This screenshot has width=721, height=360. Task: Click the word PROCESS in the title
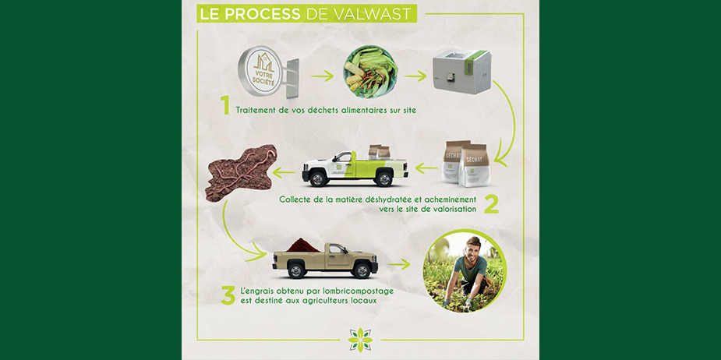tap(263, 14)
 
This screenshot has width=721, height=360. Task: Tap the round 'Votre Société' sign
tap(260, 71)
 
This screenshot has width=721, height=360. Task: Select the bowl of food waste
tap(370, 72)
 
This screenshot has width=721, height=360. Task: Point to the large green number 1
tap(224, 106)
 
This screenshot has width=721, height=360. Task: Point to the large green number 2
tap(490, 204)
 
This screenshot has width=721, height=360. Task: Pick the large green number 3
tap(228, 295)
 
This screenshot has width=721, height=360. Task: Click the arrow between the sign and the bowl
tap(322, 76)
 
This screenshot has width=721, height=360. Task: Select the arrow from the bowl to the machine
tap(415, 76)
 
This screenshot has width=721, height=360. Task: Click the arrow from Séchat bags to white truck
tap(426, 169)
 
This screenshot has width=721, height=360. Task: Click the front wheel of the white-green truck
tap(318, 178)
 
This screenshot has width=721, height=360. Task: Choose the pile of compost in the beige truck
tap(302, 245)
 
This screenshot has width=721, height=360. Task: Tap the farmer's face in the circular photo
tap(472, 249)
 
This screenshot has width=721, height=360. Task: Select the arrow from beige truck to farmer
tap(398, 264)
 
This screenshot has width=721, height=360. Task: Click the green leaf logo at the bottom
tap(360, 340)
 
